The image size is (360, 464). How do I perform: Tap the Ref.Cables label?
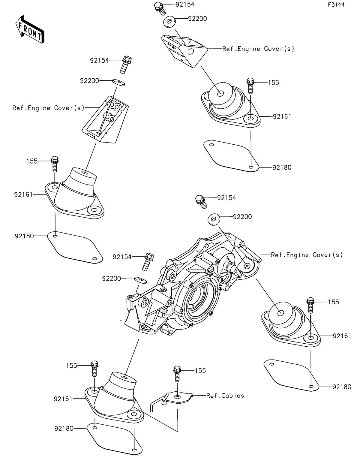[225, 396]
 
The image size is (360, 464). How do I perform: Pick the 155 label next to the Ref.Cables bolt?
[200, 371]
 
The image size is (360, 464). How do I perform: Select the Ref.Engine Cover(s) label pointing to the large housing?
[307, 255]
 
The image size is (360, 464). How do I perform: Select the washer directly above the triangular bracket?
[170, 22]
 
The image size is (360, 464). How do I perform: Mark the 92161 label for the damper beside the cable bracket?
[63, 399]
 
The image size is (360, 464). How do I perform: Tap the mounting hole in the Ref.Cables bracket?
[178, 397]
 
